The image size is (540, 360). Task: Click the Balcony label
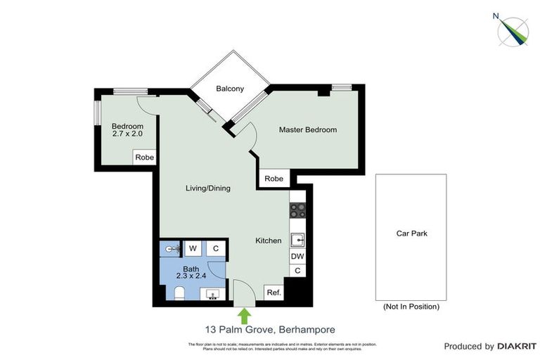[x=230, y=89]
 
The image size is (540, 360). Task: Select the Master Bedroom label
[x=307, y=130]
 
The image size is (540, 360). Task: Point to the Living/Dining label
[x=207, y=188]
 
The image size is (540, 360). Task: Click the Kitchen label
[x=268, y=240]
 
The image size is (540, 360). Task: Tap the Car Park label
[x=411, y=234]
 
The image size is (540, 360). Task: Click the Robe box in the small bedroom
[x=144, y=157]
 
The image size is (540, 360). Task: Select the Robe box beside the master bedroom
[x=274, y=179]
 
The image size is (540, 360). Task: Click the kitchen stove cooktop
[x=297, y=209]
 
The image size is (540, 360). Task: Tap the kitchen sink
[x=297, y=240]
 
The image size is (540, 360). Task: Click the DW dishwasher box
[x=297, y=257]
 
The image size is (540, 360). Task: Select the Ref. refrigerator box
[x=273, y=292]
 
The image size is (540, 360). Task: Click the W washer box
[x=192, y=248]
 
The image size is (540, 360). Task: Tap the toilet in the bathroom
[x=179, y=294]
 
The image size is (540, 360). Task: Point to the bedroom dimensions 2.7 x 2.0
[x=127, y=134]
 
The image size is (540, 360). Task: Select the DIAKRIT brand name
[x=517, y=346]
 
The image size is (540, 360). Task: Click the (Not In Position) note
[x=411, y=307]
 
